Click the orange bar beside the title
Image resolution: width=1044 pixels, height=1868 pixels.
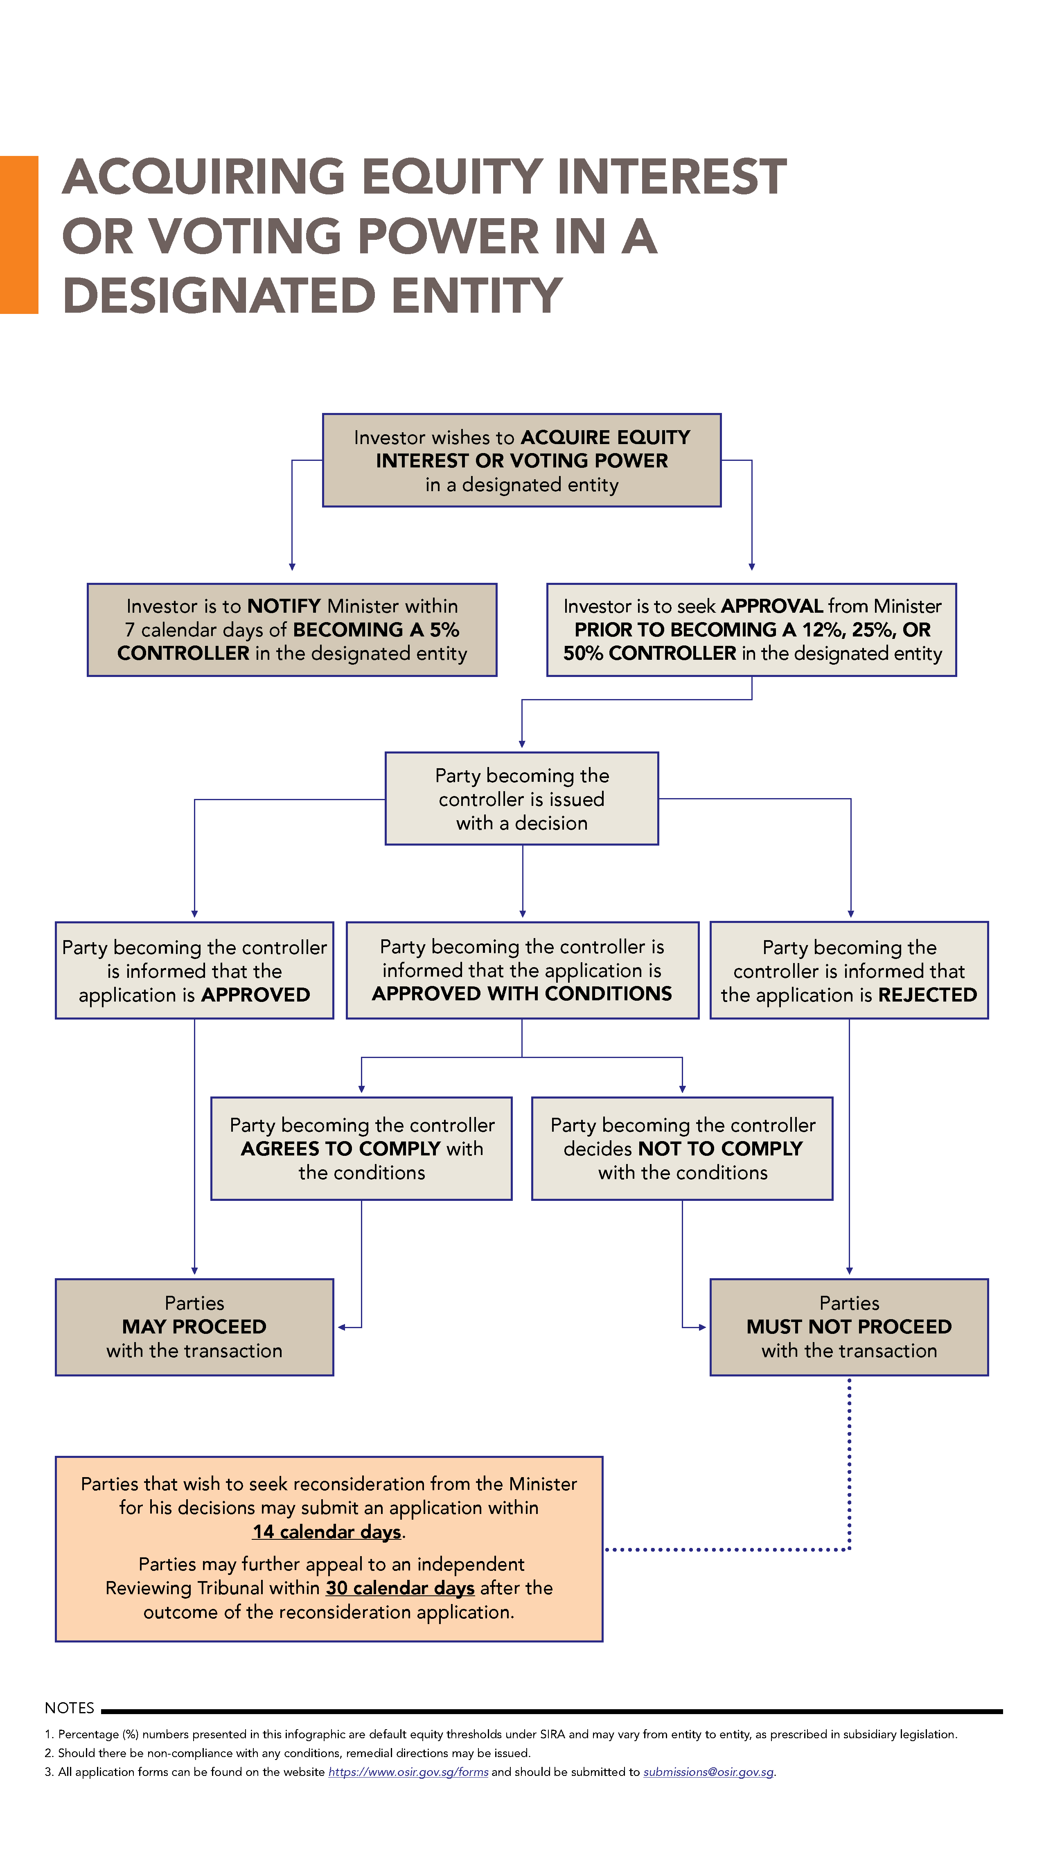[x=19, y=234]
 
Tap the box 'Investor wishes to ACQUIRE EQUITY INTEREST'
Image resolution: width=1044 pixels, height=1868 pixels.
[x=521, y=460]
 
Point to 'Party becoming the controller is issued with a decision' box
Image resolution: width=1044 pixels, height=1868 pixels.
[x=521, y=799]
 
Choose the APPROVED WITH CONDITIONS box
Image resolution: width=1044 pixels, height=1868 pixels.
[x=522, y=970]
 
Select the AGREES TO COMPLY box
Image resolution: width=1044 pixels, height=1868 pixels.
[x=361, y=1148]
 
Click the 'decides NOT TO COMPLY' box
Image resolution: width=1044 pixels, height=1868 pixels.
[x=682, y=1148]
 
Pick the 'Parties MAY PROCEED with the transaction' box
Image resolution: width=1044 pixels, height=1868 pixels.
[x=194, y=1327]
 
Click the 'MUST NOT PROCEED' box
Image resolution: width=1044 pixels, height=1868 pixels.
[x=849, y=1327]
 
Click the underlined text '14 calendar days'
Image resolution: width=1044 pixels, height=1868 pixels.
[x=327, y=1532]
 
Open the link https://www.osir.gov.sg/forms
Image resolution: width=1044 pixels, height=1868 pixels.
[x=408, y=1771]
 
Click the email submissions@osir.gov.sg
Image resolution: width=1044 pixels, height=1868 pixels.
[x=708, y=1771]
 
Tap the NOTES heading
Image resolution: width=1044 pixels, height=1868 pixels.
[x=70, y=1708]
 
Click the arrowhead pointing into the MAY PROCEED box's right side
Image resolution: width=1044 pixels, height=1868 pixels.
[x=341, y=1327]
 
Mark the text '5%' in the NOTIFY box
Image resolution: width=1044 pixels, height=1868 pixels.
[x=444, y=629]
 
